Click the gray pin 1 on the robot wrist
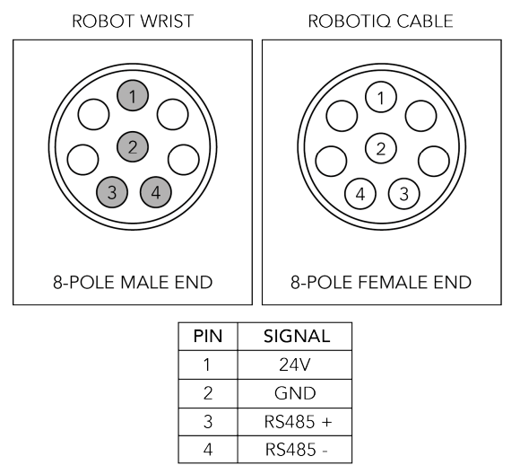tap(133, 96)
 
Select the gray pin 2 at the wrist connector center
tap(133, 146)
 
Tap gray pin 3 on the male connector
tap(112, 192)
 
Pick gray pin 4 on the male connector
tap(155, 192)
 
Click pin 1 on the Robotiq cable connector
tap(381, 97)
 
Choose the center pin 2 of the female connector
tap(381, 148)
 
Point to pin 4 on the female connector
tap(360, 194)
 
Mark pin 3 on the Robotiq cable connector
tap(403, 194)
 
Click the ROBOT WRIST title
tap(133, 22)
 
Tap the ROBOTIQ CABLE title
tap(381, 22)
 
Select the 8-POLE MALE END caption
tap(133, 283)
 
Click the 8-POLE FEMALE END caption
tap(381, 283)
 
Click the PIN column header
tap(208, 336)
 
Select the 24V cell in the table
tap(295, 364)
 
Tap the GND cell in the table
tap(295, 393)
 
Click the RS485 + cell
tap(295, 422)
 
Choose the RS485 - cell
tap(295, 450)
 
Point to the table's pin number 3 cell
tap(208, 422)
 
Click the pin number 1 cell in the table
tap(208, 364)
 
